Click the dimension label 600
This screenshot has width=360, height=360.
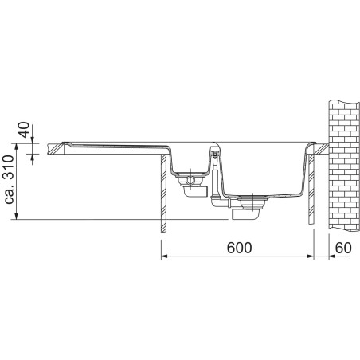239,248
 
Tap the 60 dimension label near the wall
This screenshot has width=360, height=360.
343,248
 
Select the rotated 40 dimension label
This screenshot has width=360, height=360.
25,130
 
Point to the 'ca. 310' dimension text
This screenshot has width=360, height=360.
10,179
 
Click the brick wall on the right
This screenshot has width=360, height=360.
344,165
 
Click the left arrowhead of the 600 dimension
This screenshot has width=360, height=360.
164,256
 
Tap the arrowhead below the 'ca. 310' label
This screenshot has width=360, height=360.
17,216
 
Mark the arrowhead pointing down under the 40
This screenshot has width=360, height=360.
33,140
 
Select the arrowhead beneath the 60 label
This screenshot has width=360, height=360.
332,256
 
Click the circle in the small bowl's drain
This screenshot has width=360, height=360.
190,180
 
